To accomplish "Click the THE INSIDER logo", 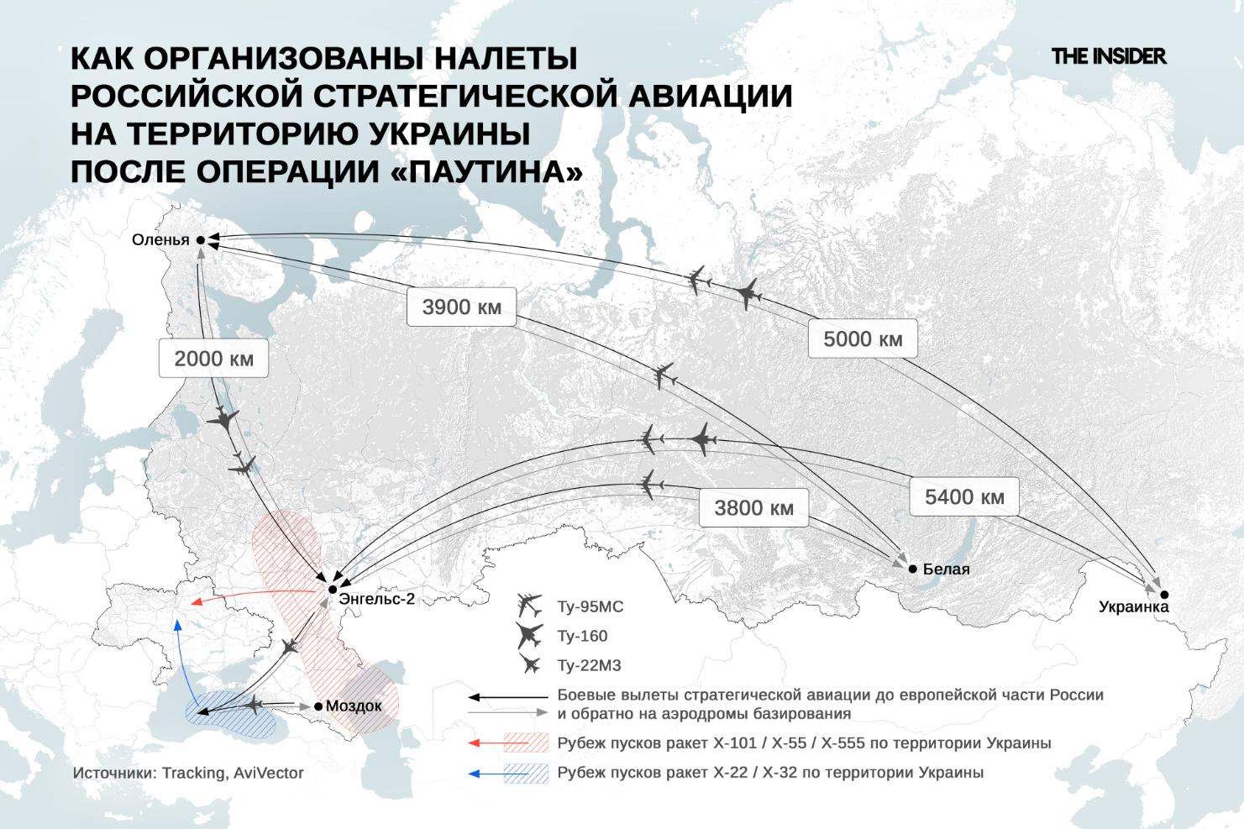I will [x=1108, y=56].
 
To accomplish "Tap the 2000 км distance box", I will [x=213, y=359].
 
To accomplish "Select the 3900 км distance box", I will [x=461, y=307].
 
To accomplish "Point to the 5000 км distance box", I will [x=863, y=339].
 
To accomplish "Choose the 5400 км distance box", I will [x=964, y=497].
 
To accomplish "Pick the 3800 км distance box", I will [x=753, y=508].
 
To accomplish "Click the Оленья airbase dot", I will [x=201, y=240].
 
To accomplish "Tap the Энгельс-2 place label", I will [x=376, y=599].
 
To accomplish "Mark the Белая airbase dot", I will [x=913, y=569].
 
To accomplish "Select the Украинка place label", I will [x=1133, y=606].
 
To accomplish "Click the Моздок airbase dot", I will [x=318, y=706].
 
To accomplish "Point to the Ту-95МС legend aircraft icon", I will [x=530, y=606].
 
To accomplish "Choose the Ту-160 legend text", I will [x=582, y=636].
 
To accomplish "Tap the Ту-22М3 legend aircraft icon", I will [x=530, y=665].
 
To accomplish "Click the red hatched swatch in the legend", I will [x=526, y=743].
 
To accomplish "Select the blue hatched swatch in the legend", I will [x=526, y=773].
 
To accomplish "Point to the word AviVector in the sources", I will [x=269, y=773].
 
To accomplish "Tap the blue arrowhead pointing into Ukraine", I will [x=177, y=624].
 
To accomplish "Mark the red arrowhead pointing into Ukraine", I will [x=196, y=601].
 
